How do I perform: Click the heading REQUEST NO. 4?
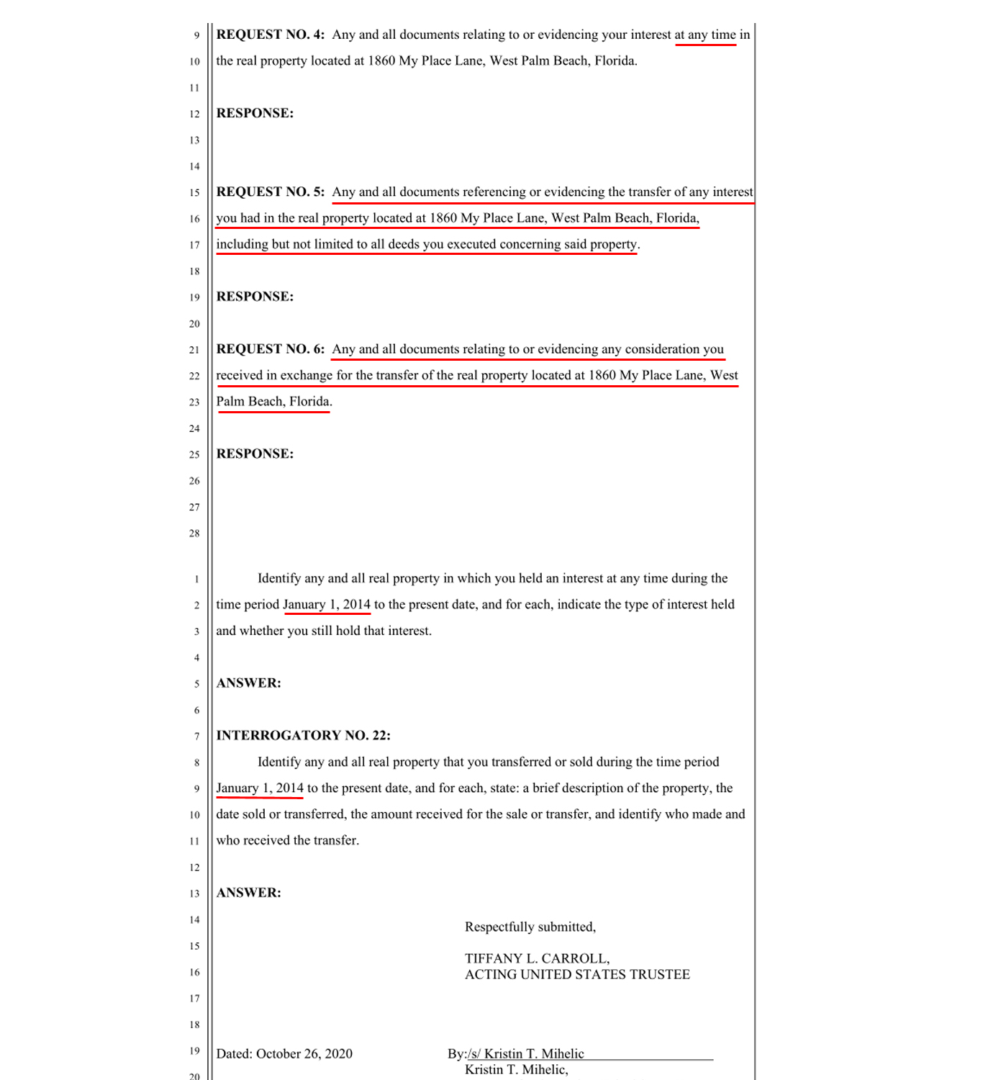[270, 35]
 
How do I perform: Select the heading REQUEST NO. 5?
[270, 192]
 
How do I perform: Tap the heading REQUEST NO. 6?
[270, 349]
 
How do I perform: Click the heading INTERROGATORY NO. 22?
[303, 735]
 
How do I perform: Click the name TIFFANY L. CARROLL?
[537, 958]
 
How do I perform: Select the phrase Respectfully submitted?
[530, 927]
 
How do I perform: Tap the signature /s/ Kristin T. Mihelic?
[525, 1054]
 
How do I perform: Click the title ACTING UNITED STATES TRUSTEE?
[577, 974]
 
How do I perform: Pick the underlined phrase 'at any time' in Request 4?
[705, 35]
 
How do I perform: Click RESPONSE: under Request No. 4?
[255, 113]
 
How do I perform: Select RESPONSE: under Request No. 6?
[255, 454]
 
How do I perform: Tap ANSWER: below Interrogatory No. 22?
[248, 893]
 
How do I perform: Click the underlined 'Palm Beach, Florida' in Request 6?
[273, 402]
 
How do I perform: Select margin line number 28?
[194, 534]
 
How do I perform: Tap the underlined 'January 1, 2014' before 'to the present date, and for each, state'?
[260, 788]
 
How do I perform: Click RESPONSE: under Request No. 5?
[255, 297]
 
